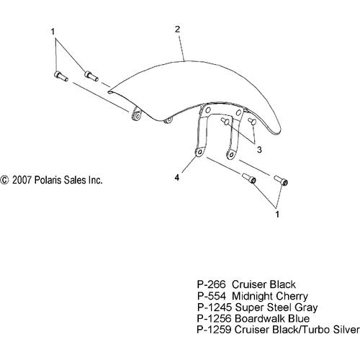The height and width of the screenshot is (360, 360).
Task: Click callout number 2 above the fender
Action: point(177,30)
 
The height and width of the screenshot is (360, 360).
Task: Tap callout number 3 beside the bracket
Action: point(259,150)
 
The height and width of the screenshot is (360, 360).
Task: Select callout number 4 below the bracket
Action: point(177,178)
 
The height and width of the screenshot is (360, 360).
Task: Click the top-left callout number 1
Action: point(53,32)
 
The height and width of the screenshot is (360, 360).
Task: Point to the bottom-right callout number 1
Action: point(277,215)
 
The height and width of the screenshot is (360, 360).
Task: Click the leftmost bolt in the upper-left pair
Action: point(60,76)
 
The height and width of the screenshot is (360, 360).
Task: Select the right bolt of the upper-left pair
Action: point(91,76)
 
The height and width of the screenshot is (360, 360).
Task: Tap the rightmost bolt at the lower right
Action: point(281,180)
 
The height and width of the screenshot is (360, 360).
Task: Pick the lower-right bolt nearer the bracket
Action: point(249,179)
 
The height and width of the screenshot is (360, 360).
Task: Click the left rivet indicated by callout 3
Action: point(225,121)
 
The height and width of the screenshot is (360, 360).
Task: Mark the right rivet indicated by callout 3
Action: point(252,121)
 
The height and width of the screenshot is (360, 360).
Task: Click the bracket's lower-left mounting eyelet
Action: point(199,152)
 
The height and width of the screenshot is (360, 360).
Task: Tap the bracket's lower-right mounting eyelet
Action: point(231,154)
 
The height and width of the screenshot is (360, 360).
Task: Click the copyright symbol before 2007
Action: point(4,180)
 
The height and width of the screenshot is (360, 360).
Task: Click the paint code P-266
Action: point(212,284)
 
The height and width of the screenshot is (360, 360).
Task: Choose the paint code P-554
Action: point(212,296)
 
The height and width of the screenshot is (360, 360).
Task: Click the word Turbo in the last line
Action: point(315,330)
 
